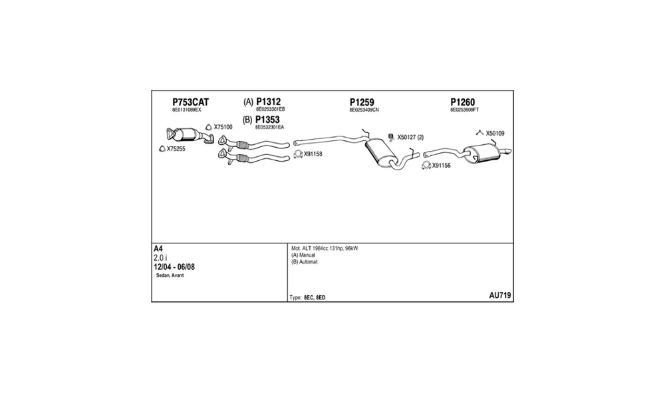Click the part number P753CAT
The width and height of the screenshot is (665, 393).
[190, 102]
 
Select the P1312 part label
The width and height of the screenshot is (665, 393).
[269, 102]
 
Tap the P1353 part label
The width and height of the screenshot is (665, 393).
[267, 120]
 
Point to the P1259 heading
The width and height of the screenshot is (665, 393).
[362, 102]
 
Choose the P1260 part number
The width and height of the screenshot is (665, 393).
[463, 102]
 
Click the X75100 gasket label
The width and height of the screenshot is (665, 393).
[223, 127]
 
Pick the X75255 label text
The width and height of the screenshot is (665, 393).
[176, 149]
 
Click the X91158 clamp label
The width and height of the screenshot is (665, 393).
[313, 154]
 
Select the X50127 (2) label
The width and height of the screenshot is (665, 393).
[410, 138]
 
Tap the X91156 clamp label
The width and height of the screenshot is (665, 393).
[442, 166]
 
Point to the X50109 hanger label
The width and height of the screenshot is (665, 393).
[495, 133]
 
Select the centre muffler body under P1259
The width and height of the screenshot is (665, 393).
[380, 153]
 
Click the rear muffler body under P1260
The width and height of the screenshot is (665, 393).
[481, 153]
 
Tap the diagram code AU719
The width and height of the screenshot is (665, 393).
[500, 295]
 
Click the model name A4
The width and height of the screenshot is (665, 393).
[158, 249]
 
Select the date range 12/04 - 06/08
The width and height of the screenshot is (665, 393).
[174, 267]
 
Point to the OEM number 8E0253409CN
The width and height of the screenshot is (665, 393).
[364, 110]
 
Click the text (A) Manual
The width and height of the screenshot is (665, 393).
[303, 255]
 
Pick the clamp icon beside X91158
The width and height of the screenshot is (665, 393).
[298, 154]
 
